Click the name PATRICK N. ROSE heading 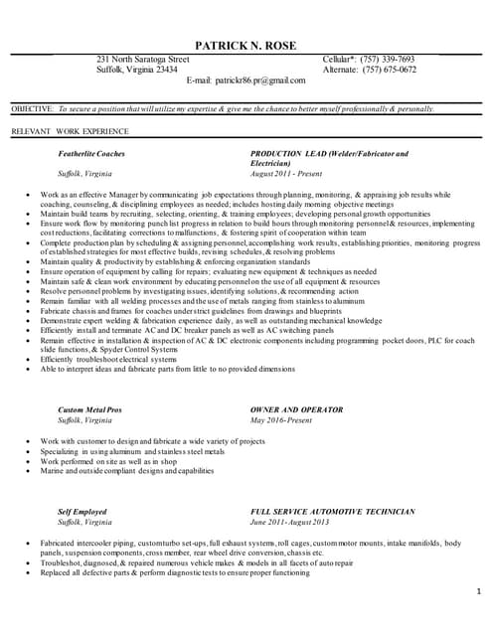click(246, 46)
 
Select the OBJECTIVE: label click(32, 108)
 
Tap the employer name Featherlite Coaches click(91, 154)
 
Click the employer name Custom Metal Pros click(89, 409)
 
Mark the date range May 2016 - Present click(282, 419)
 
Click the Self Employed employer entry click(82, 512)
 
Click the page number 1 click(478, 592)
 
